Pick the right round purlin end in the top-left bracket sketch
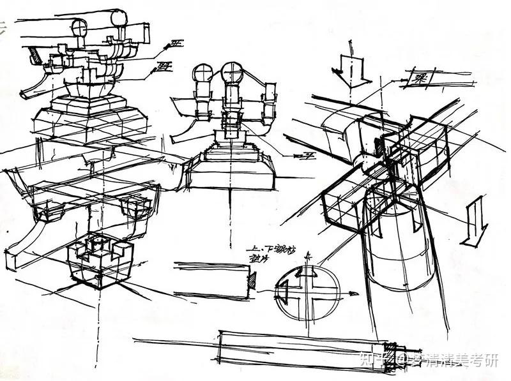120,19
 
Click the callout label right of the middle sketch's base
300,156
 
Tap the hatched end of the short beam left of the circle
252,279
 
